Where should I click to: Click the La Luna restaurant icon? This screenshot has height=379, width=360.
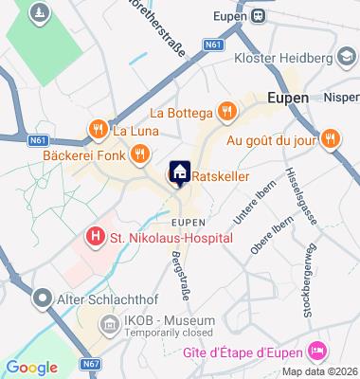click(x=96, y=129)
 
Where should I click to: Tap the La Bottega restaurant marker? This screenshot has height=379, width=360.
click(x=225, y=111)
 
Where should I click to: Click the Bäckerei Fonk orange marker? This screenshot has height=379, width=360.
click(x=139, y=153)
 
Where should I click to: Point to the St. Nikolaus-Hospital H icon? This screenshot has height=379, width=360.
click(x=95, y=236)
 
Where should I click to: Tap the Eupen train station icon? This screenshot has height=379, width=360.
click(x=257, y=15)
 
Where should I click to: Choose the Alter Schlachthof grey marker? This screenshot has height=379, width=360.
click(x=41, y=298)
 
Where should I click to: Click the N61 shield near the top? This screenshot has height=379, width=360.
click(x=212, y=44)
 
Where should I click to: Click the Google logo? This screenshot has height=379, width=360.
click(x=31, y=368)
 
